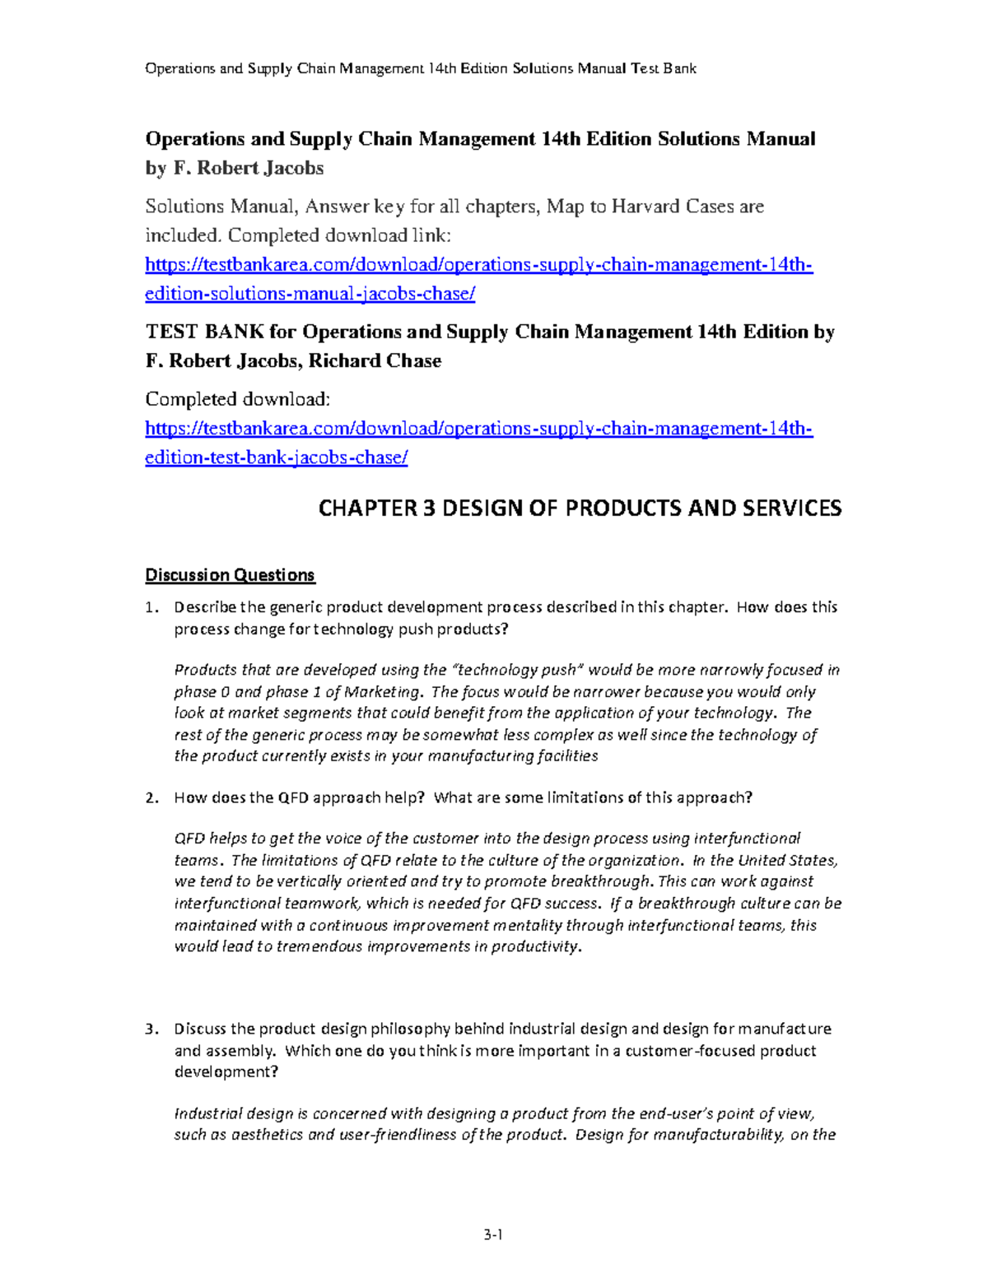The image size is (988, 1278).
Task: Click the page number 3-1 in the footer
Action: click(x=493, y=1234)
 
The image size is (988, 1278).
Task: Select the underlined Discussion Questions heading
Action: click(x=230, y=575)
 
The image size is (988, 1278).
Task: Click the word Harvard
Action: click(x=645, y=207)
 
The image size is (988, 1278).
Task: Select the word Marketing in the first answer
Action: click(x=382, y=692)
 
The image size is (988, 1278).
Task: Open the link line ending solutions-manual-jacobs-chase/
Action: click(x=310, y=295)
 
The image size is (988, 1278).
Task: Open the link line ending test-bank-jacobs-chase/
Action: click(x=276, y=458)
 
